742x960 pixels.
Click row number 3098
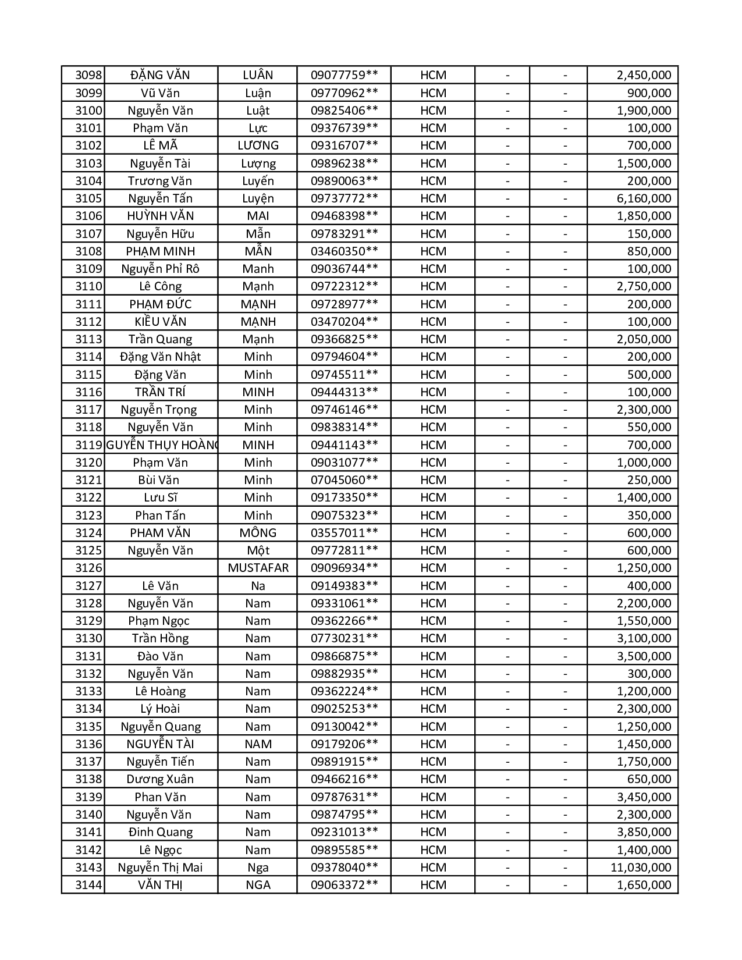pos(88,75)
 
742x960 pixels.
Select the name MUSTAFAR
pos(258,568)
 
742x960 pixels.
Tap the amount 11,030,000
pos(641,867)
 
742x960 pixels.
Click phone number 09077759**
pos(344,75)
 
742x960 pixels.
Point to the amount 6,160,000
pos(644,198)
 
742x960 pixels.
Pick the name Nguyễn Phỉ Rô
pos(160,269)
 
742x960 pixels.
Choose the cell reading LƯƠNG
pos(258,145)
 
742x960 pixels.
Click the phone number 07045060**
pos(344,480)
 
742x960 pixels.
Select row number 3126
pos(88,568)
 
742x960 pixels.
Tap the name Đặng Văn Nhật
pos(160,357)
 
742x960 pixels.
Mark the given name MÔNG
pos(258,533)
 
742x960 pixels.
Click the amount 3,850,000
pos(644,832)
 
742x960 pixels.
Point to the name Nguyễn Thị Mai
pos(160,867)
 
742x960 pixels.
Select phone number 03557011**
pos(344,533)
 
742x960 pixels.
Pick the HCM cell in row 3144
pos(433,885)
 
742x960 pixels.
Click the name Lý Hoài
pos(160,709)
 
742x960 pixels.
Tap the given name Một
pos(258,550)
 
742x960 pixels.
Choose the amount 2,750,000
pos(644,286)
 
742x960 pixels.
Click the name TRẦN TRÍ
pos(160,392)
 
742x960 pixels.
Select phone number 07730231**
pos(344,638)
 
